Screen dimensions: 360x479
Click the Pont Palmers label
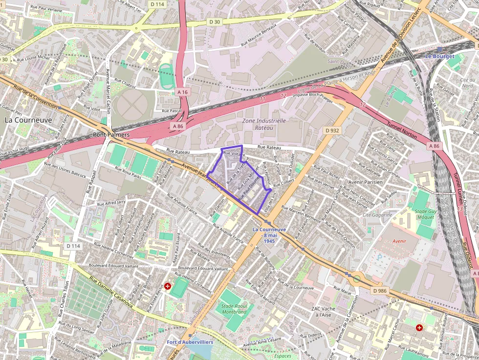click(x=111, y=134)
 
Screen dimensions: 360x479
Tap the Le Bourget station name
click(x=439, y=56)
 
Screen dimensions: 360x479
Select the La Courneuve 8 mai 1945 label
click(x=269, y=235)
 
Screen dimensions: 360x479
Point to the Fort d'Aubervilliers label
click(x=190, y=342)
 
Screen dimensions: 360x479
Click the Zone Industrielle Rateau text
click(x=264, y=124)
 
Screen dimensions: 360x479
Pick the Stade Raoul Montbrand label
click(x=234, y=309)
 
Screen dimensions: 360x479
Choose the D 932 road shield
click(x=332, y=130)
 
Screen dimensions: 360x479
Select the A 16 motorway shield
click(x=182, y=92)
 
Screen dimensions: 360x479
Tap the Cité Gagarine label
click(x=377, y=215)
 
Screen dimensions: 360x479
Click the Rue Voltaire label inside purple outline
click(x=234, y=155)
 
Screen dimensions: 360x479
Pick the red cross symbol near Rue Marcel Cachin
click(x=419, y=327)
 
